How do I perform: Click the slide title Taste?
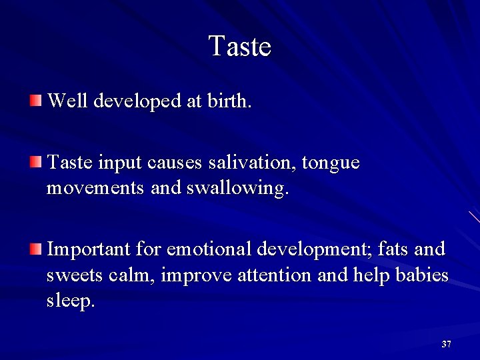(239, 47)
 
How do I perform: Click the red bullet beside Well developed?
(36, 101)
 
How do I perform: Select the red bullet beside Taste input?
(36, 162)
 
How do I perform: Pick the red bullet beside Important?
(36, 249)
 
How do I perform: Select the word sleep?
(70, 301)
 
